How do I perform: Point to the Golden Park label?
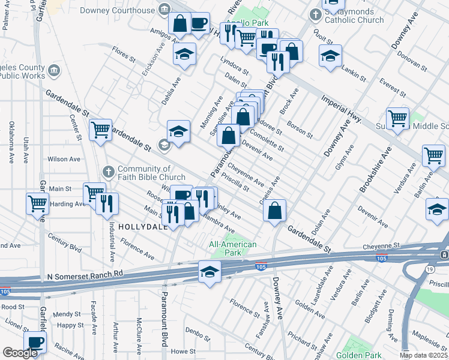[x=355, y=355]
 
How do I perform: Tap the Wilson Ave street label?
[x=64, y=160]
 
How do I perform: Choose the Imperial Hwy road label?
[x=340, y=108]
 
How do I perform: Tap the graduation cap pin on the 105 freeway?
[x=209, y=272]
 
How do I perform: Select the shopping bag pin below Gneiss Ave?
[x=274, y=211]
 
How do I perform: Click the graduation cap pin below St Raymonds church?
[x=330, y=56]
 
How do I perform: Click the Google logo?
[x=20, y=353]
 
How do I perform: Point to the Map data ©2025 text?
[x=424, y=355]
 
